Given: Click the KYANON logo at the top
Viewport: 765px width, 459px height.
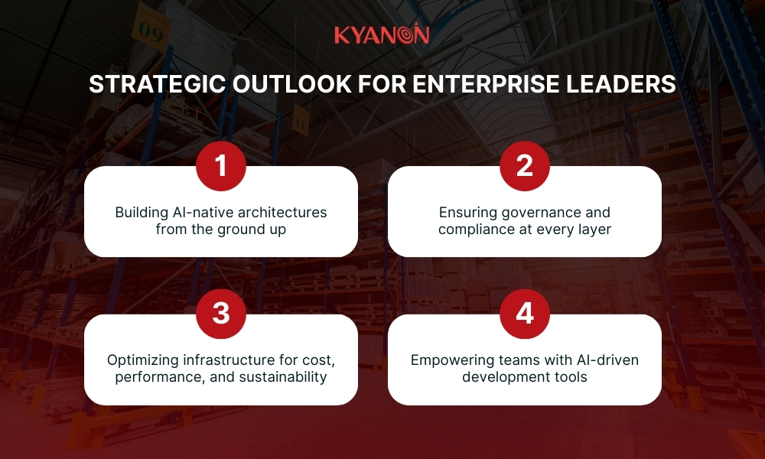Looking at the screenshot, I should click(x=382, y=34).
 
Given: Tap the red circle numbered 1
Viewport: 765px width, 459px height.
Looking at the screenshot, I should click(x=221, y=166).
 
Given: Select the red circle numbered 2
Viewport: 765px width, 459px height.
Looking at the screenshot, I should click(x=524, y=166).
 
